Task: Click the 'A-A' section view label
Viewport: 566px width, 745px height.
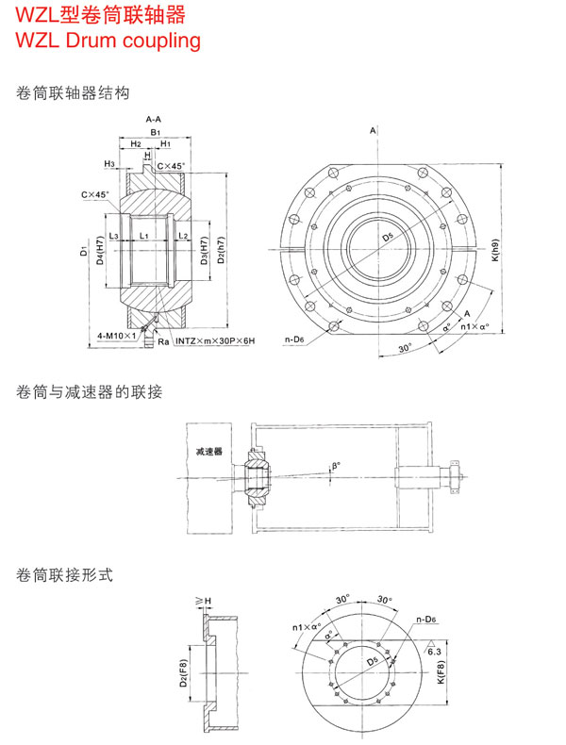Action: click(x=152, y=121)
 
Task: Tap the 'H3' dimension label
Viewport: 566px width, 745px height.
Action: click(x=109, y=164)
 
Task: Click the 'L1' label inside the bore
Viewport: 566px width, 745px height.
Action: click(x=142, y=235)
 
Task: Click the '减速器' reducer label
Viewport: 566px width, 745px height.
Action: click(x=209, y=452)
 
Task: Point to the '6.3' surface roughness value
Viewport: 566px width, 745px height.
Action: click(x=436, y=652)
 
